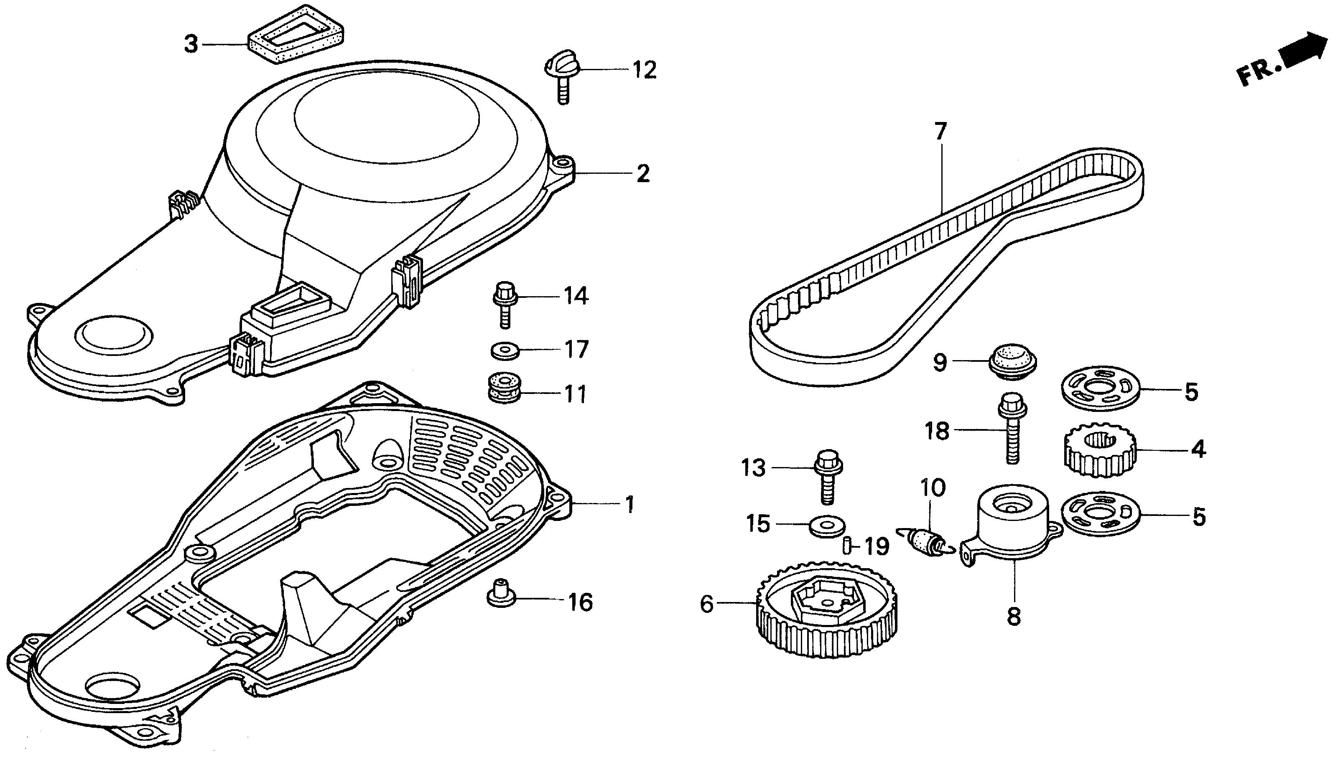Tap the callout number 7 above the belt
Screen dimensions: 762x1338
(940, 131)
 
